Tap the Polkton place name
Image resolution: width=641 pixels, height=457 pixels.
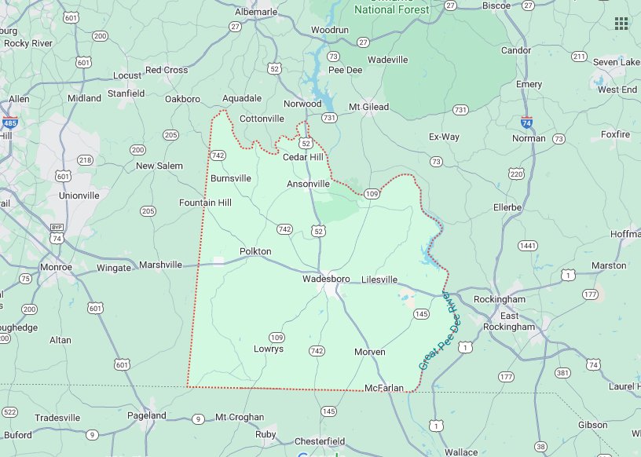pos(255,251)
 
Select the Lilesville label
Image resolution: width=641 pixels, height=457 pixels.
pos(379,280)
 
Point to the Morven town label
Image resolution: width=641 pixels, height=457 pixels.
pos(369,352)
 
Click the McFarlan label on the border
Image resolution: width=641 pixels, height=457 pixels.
pos(384,388)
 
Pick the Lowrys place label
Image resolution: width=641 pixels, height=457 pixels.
pos(269,349)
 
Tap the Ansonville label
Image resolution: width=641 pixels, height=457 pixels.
pos(308,184)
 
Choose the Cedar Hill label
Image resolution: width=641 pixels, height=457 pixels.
pos(303,157)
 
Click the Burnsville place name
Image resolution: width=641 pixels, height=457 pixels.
pos(231,178)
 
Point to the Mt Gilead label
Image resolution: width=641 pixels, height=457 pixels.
pos(368,107)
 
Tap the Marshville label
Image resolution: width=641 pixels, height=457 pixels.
pos(160,265)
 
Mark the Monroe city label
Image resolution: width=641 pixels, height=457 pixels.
pos(56,267)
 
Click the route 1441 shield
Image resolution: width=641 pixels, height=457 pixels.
pos(527,246)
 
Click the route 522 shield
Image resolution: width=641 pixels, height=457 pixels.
pos(9,411)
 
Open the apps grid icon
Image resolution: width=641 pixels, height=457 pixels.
pos(621,23)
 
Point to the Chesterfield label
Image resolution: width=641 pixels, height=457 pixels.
pos(320,441)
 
